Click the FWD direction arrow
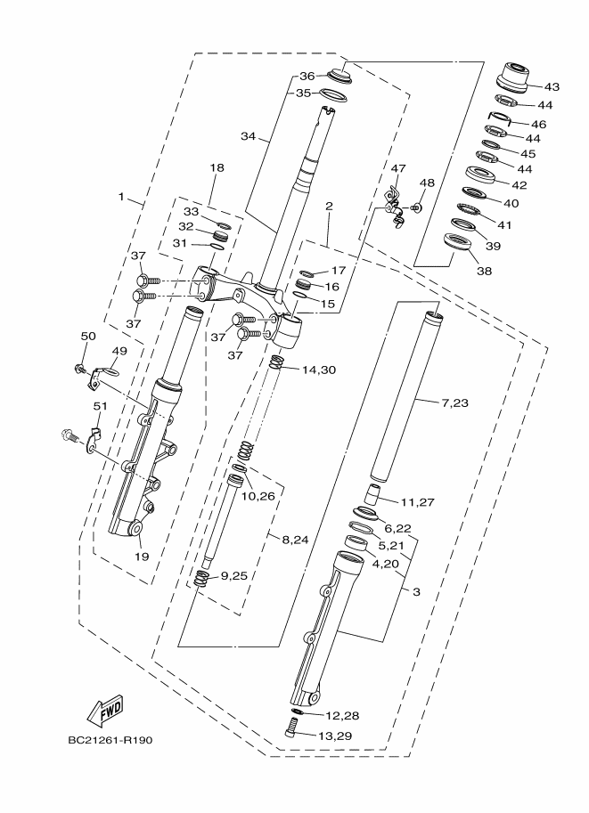tap(105, 710)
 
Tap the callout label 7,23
tap(455, 402)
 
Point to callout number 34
tap(249, 136)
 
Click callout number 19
tap(140, 557)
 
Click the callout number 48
tap(428, 183)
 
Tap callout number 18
tap(217, 167)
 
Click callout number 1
tap(122, 193)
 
